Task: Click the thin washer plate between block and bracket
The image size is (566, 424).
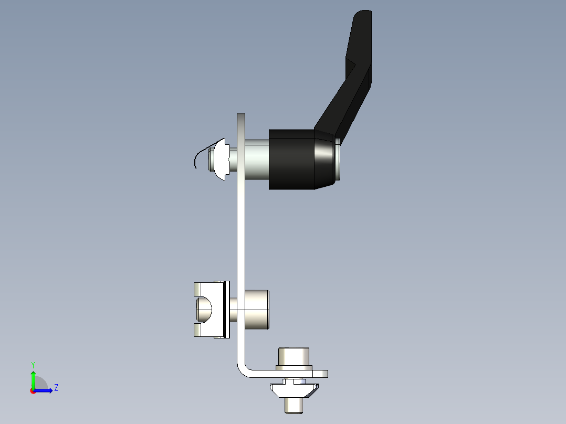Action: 227,309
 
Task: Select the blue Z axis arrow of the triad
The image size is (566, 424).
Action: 45,390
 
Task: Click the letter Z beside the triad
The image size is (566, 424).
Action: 56,388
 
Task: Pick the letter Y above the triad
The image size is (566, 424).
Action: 33,364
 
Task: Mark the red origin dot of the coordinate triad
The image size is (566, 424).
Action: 33,391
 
